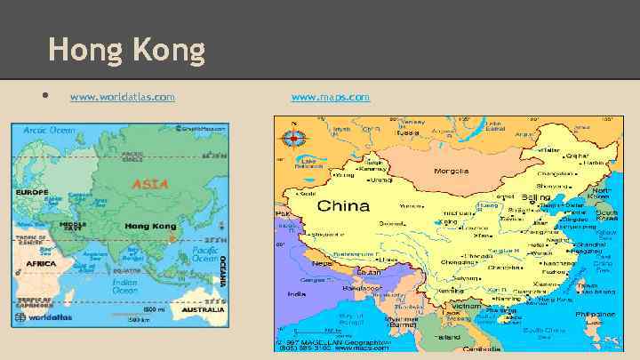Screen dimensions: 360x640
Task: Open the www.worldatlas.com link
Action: coord(122,96)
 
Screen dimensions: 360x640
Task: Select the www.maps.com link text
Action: coord(330,96)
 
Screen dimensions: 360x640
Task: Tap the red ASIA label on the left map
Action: coord(149,185)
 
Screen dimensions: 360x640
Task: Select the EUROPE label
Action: coord(31,193)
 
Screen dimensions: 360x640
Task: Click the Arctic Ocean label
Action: coord(49,130)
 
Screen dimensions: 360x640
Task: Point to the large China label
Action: coord(343,206)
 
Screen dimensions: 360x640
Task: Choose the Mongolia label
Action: coord(452,171)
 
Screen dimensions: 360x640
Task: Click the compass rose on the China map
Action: coord(292,138)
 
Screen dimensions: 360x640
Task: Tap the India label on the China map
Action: coord(292,292)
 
